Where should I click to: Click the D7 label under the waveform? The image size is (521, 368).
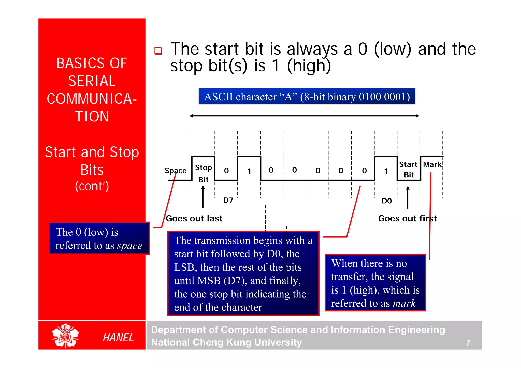228,200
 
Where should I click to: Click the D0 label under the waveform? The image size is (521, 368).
386,201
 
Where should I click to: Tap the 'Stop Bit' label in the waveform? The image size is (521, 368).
203,173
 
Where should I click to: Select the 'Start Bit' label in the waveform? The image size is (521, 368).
408,170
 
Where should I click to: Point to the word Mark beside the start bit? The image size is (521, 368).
432,164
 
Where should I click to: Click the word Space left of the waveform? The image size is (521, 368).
175,171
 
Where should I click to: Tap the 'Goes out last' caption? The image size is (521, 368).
194,218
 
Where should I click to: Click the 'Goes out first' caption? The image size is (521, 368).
407,218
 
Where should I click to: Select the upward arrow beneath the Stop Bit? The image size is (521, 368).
203,197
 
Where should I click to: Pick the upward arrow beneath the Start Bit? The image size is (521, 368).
408,197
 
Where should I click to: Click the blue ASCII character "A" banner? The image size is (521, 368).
307,97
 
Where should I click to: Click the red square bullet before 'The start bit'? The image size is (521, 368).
158,51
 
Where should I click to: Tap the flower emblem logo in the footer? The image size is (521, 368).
65,335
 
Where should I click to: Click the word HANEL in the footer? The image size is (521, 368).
118,338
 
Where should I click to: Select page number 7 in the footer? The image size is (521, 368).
468,343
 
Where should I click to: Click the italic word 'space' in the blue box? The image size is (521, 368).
130,246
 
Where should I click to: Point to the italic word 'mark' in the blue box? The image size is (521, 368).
404,303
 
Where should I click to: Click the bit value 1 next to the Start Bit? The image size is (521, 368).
386,171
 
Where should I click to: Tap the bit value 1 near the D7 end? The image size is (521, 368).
249,171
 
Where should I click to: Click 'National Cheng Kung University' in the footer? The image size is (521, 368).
226,342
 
